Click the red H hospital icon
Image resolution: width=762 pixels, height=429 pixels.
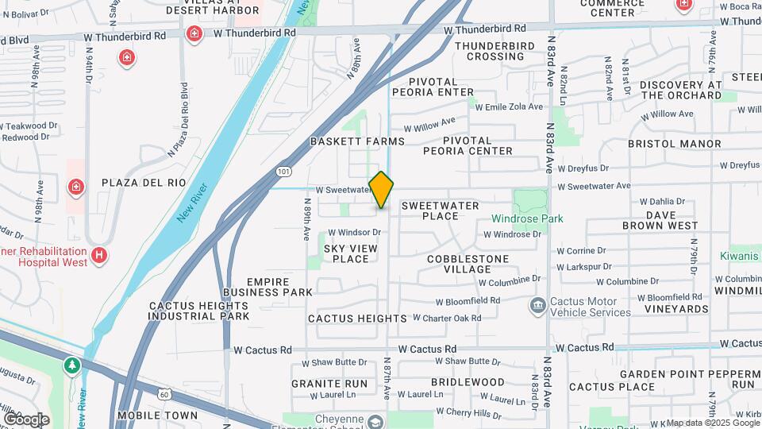coord(99,255)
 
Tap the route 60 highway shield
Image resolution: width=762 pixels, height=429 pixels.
coord(164,393)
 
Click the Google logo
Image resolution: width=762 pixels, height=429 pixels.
coord(25,419)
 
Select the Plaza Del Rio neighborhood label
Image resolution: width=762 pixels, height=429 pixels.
coord(144,183)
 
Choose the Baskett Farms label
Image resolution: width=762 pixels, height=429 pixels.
coord(357,141)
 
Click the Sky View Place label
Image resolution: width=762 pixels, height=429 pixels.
coord(346,253)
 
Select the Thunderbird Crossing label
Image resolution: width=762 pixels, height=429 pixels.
coord(490,51)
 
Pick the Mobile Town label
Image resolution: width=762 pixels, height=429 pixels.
coord(157,415)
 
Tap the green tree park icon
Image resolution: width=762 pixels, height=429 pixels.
coord(73,365)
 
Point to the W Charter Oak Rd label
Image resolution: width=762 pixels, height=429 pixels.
coord(447,318)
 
